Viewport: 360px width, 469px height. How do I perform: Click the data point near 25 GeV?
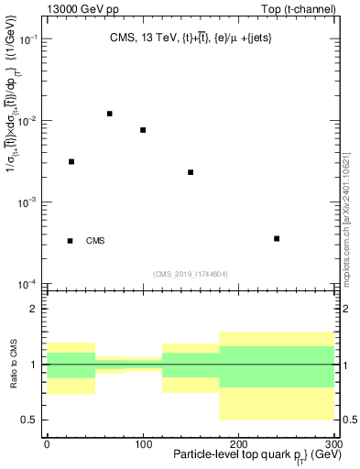click(71, 161)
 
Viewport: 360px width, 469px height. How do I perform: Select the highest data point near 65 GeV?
click(109, 114)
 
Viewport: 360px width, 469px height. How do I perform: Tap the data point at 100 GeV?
click(143, 130)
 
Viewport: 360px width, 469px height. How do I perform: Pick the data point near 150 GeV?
click(191, 172)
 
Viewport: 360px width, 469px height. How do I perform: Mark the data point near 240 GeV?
click(277, 239)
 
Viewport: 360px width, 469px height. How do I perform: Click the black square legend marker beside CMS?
click(70, 241)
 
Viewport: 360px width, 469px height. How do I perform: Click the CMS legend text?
click(95, 241)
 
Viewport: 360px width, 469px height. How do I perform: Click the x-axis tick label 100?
click(142, 443)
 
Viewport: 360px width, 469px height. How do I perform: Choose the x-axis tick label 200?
click(238, 443)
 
